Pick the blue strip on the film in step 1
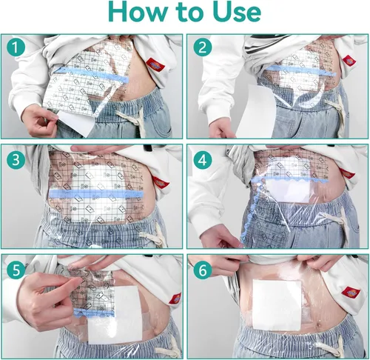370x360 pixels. pos(89,76)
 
